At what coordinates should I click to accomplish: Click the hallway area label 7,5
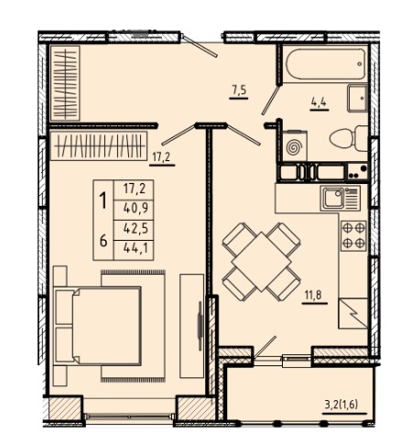point(239,91)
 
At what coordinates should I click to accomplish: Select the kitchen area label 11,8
point(314,296)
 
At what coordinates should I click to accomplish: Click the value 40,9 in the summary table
point(135,209)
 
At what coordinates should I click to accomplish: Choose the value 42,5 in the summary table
point(135,229)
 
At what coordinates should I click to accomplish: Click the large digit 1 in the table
point(103,200)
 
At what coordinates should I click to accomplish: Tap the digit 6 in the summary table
point(103,242)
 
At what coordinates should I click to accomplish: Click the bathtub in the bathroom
point(326,64)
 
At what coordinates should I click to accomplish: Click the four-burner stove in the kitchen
point(353,235)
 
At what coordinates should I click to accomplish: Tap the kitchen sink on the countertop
point(334,198)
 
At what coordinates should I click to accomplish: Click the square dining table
point(261,262)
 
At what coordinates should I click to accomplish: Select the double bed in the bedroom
point(97,326)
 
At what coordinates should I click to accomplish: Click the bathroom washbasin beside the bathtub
point(357,98)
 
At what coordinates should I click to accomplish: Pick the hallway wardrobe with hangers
point(65,83)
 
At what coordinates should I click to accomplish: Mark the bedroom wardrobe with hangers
point(99,146)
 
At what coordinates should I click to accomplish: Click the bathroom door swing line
point(270,101)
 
